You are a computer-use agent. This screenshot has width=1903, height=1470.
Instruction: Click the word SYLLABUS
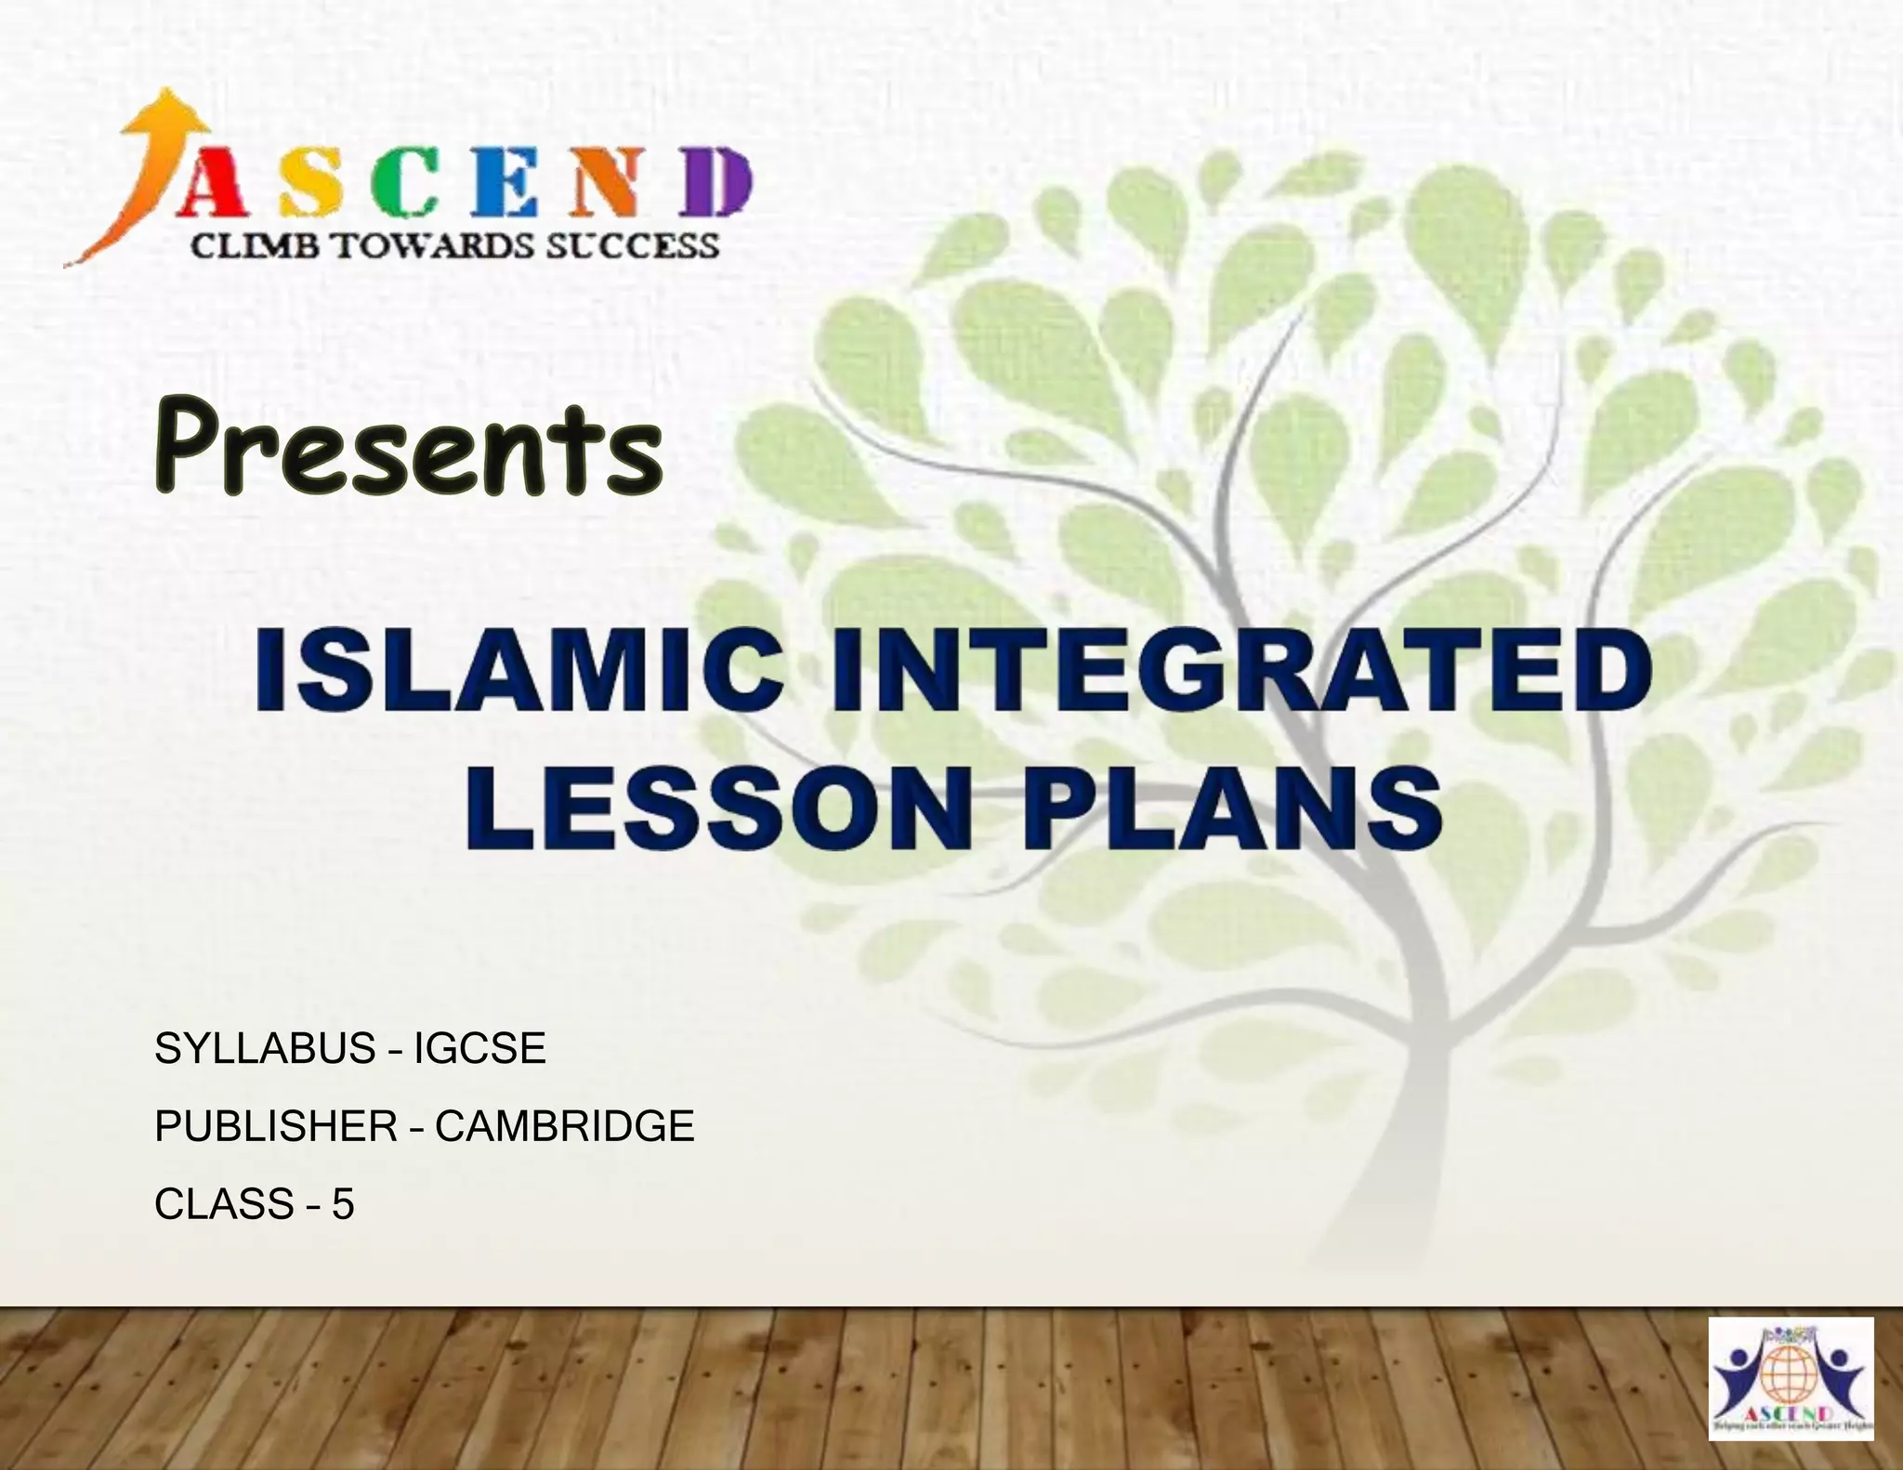point(265,1049)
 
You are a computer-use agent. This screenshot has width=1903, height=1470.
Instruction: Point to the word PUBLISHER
point(276,1126)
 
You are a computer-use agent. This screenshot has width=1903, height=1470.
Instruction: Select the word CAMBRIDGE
point(564,1126)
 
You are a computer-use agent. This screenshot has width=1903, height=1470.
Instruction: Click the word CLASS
point(224,1204)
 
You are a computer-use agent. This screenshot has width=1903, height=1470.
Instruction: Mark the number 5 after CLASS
point(343,1204)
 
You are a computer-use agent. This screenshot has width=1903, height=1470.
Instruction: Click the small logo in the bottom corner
point(1791,1378)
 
